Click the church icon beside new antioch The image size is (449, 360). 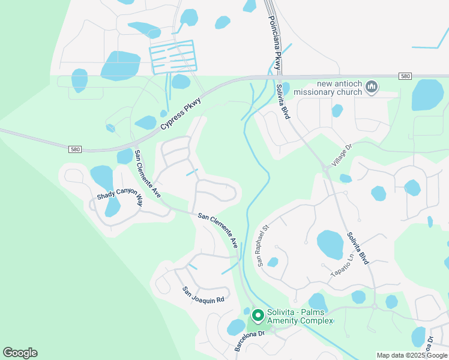[372, 88]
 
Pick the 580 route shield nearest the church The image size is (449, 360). [406, 76]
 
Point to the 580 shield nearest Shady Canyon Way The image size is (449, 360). [75, 149]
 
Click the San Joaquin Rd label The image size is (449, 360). [203, 294]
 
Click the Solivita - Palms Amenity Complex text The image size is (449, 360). [300, 316]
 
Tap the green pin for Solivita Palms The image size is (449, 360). [258, 315]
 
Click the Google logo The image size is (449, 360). [20, 353]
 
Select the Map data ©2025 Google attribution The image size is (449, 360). [412, 355]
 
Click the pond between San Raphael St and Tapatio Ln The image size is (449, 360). [330, 243]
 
